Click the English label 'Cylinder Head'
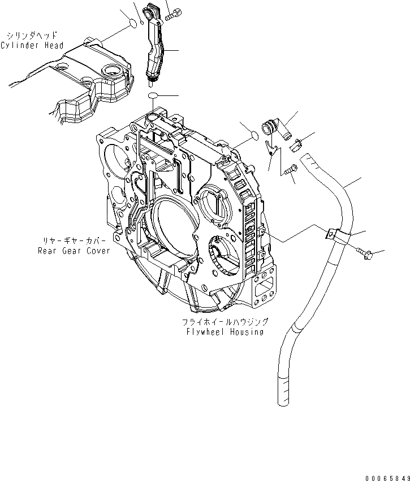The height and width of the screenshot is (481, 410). (32, 45)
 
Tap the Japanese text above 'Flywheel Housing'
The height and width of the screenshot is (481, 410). (225, 322)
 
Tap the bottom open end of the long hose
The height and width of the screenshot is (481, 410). (284, 401)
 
